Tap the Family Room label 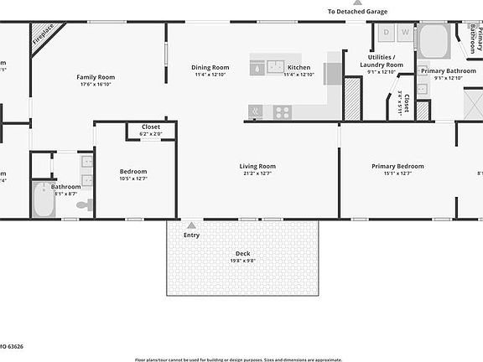click(x=96, y=77)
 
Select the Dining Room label click(x=210, y=68)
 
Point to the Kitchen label click(x=299, y=68)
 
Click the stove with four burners click(x=283, y=111)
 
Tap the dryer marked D click(x=387, y=33)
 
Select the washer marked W click(x=405, y=33)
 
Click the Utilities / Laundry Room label click(x=382, y=61)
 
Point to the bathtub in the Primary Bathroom click(x=434, y=40)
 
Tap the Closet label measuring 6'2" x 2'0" click(x=151, y=127)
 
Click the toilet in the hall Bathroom click(x=83, y=204)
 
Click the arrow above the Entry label click(x=192, y=225)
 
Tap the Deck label click(x=243, y=254)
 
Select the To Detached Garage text click(x=358, y=11)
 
